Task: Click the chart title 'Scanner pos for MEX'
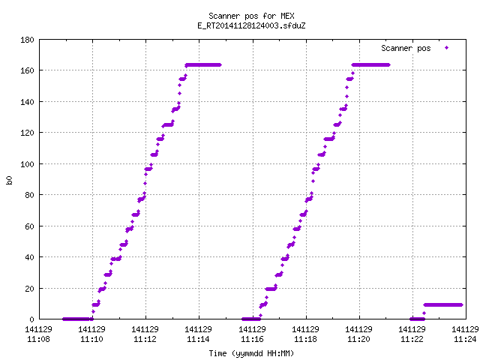tap(251, 16)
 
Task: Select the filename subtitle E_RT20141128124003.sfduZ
tap(251, 25)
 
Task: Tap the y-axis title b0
tap(9, 180)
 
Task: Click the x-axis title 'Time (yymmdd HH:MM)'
tap(251, 353)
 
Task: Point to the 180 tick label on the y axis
tap(27, 40)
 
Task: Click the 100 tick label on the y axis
tap(27, 164)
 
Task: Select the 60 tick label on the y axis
tap(29, 226)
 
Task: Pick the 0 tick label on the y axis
tap(31, 319)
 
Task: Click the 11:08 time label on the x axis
tap(38, 339)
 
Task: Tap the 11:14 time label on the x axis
tap(198, 339)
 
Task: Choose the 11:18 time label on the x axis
tap(305, 339)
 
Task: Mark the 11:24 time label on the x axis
tap(465, 339)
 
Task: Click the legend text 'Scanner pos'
tap(406, 48)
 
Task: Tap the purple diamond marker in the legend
tap(447, 47)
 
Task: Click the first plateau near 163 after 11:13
tap(203, 65)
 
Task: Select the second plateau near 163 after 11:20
tap(370, 65)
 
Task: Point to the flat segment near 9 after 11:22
tap(443, 305)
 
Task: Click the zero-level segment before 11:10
tap(78, 319)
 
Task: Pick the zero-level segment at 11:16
tap(251, 319)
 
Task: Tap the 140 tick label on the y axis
tap(27, 102)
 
